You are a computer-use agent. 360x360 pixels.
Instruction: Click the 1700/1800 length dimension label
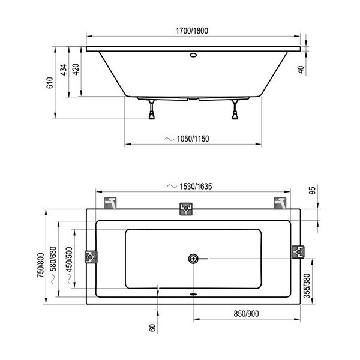[192, 31]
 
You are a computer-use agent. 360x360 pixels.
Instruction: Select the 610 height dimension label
[50, 83]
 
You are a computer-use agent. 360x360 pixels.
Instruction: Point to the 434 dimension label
[64, 70]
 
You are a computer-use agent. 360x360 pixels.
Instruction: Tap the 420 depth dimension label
[76, 70]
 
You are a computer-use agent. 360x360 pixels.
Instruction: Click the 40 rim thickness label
[301, 70]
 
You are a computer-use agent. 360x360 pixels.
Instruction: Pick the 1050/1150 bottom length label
[193, 139]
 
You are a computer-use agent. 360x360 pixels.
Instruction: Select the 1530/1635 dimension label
[196, 186]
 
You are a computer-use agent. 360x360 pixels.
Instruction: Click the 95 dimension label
[312, 191]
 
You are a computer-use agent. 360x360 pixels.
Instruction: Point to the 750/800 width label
[41, 265]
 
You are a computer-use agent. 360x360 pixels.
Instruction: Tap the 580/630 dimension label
[53, 259]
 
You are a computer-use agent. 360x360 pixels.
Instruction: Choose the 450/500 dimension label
[69, 259]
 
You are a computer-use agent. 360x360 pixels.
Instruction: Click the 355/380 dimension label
[307, 286]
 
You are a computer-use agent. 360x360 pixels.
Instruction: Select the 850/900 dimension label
[246, 314]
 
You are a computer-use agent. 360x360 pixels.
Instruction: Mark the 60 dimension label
[152, 328]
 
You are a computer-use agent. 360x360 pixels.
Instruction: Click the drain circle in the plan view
[193, 259]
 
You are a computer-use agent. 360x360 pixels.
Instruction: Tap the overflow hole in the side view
[193, 55]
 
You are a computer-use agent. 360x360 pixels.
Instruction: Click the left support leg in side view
[152, 110]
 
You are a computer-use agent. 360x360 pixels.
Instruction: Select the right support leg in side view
[235, 110]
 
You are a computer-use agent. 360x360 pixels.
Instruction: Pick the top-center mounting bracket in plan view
[186, 209]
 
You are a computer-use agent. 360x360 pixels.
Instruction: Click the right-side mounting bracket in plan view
[298, 252]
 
